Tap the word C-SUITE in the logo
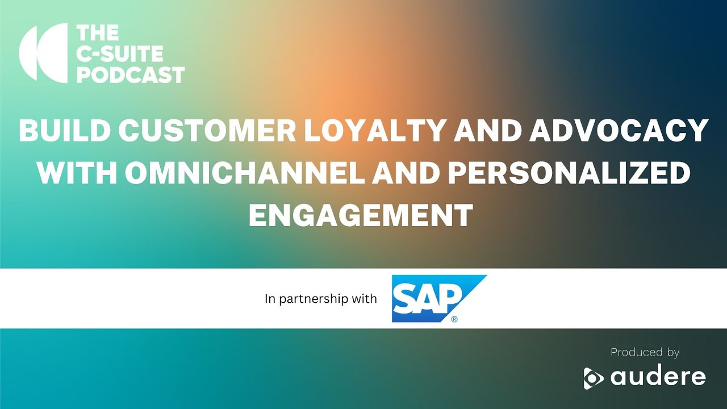(x=119, y=53)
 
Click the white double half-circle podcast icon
(x=44, y=53)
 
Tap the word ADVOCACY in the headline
(x=619, y=131)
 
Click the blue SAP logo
(x=439, y=299)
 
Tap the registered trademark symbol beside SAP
(x=454, y=319)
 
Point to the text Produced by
(x=645, y=352)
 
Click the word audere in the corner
(x=658, y=377)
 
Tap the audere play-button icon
(x=593, y=378)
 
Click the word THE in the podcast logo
(x=98, y=33)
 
